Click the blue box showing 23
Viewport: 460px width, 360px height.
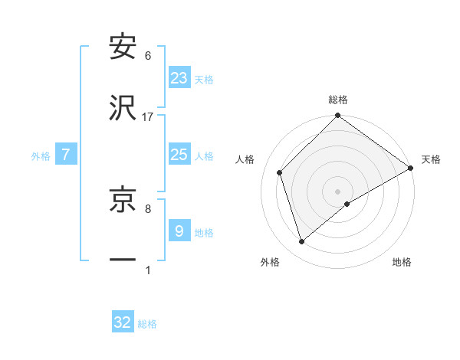tap(179, 77)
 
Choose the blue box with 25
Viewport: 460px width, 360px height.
tap(179, 155)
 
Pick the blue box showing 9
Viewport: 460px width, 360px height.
tap(179, 231)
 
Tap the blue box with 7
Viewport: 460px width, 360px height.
tap(66, 155)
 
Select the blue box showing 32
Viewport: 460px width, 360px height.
tap(123, 322)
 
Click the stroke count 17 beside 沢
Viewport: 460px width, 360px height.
tap(148, 116)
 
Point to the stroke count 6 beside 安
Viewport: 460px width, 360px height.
tap(148, 56)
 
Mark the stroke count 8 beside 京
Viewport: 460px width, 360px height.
tap(148, 208)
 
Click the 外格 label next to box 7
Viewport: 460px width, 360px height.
tap(41, 156)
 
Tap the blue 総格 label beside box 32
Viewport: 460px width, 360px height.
tap(147, 324)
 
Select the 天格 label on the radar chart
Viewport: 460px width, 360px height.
tap(431, 159)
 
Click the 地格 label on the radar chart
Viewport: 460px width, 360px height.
tap(402, 262)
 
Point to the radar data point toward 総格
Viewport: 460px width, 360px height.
tap(337, 116)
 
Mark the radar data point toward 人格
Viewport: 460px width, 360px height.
tap(280, 172)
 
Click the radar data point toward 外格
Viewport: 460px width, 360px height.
tap(302, 242)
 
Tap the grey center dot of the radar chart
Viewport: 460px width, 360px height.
tap(337, 191)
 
